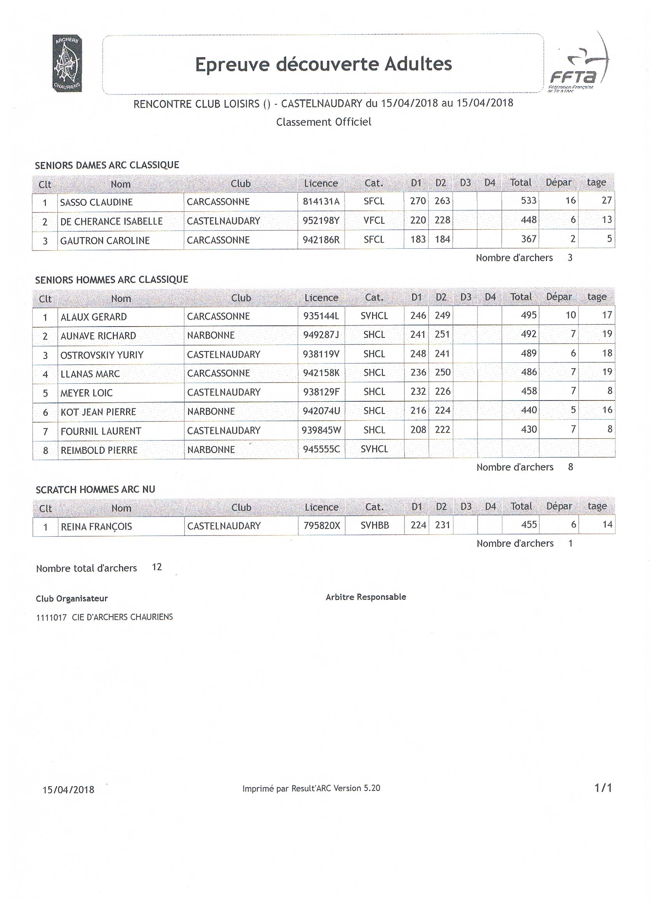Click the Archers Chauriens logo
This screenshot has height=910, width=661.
click(x=67, y=63)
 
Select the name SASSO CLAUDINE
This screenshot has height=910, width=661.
click(x=96, y=202)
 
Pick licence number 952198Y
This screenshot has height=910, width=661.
click(x=321, y=221)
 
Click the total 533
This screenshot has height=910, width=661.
click(x=528, y=200)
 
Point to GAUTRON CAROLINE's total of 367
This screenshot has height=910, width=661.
click(x=528, y=239)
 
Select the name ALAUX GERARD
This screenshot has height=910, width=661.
click(x=93, y=317)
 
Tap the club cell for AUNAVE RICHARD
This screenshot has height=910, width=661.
click(x=211, y=335)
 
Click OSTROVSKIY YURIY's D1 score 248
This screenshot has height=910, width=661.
click(x=417, y=353)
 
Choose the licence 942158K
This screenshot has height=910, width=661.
click(x=321, y=373)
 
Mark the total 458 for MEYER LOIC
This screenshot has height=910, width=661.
click(x=529, y=391)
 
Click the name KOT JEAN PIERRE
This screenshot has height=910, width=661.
click(x=98, y=412)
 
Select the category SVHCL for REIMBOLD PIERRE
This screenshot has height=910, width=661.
click(x=374, y=449)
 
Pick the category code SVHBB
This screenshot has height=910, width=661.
click(x=374, y=525)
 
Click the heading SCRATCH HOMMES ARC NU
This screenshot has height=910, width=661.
click(x=95, y=490)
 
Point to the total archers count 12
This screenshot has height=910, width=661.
click(x=157, y=567)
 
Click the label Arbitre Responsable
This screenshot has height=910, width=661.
click(x=365, y=597)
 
